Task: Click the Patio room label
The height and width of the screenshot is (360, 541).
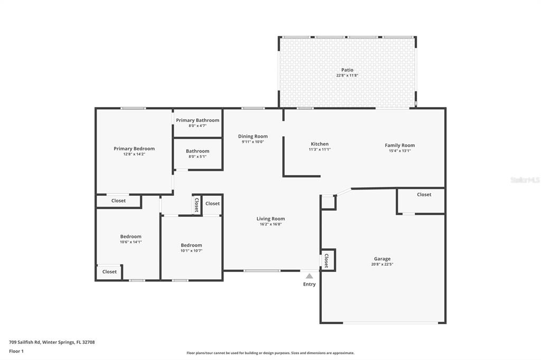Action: click(347, 70)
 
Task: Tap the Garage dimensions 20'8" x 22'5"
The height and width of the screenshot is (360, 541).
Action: click(383, 264)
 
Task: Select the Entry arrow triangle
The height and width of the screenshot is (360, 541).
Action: click(309, 276)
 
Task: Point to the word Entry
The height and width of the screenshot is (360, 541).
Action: click(309, 284)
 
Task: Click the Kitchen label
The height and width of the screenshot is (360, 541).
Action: click(319, 144)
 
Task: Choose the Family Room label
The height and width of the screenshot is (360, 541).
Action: click(399, 145)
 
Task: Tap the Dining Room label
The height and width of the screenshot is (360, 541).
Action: click(253, 136)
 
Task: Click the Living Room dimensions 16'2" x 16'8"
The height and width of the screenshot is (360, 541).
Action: click(270, 224)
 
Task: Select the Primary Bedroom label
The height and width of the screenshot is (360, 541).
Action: click(134, 149)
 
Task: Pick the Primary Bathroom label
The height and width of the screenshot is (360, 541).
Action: click(197, 120)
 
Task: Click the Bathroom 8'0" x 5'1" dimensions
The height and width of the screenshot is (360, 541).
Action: click(197, 156)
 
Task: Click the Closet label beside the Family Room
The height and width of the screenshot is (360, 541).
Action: click(424, 194)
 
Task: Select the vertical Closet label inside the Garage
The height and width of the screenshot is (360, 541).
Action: click(327, 260)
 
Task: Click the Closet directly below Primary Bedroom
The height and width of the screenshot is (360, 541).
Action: click(118, 201)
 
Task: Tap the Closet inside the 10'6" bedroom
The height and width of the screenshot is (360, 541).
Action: click(109, 271)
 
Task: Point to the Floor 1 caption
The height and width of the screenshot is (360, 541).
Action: click(16, 351)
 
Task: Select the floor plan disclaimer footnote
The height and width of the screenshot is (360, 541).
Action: click(270, 353)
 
